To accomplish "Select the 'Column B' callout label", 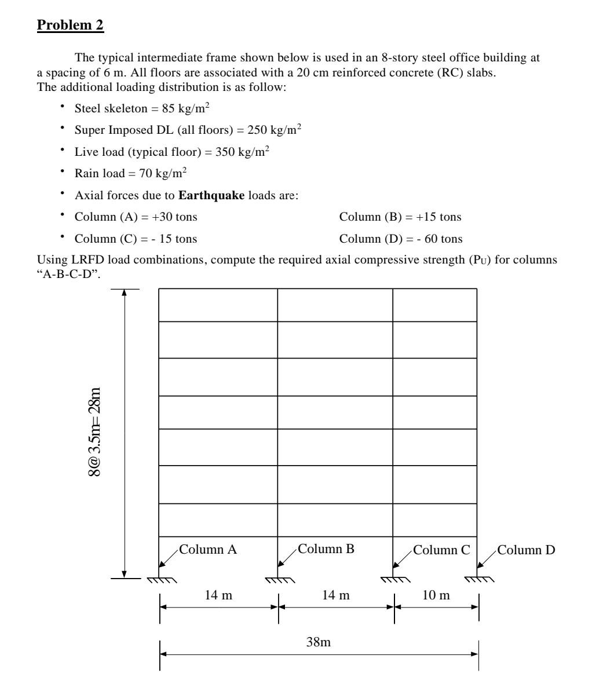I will tap(326, 550).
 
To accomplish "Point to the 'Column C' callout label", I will tap(441, 550).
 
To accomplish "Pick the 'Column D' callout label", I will tap(526, 550).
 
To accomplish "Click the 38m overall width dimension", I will tap(319, 642).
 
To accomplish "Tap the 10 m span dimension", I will tap(436, 596).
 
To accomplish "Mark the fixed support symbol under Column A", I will tap(160, 580).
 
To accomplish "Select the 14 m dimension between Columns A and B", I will tap(219, 596).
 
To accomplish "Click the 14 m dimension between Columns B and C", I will tap(336, 596).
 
